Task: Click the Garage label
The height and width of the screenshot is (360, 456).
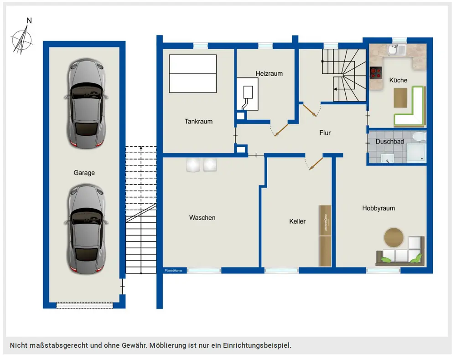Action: [x=84, y=173]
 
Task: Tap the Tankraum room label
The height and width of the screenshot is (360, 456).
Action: [x=199, y=121]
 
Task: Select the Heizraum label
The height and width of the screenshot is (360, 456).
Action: [x=269, y=73]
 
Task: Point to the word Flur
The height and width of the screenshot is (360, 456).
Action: [x=325, y=133]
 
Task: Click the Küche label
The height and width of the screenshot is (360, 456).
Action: [x=398, y=80]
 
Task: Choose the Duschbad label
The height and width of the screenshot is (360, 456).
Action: [x=390, y=142]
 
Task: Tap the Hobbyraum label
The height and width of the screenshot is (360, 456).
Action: [x=378, y=208]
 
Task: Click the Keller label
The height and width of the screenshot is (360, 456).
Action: [x=297, y=221]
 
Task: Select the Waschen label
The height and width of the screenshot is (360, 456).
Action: [x=202, y=217]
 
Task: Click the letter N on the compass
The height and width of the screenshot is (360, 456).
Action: [x=29, y=21]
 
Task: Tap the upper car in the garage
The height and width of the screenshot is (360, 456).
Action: [x=86, y=103]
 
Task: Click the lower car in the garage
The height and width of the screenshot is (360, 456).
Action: [x=86, y=229]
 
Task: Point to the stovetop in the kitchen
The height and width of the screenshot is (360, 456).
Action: [x=376, y=73]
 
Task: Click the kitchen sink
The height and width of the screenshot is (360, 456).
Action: [x=396, y=50]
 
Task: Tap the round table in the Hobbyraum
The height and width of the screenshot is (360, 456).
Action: [x=394, y=237]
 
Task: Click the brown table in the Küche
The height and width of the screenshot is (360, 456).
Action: [x=400, y=98]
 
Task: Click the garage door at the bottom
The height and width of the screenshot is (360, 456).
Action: [x=84, y=305]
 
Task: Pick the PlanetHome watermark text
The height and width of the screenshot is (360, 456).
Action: [x=173, y=271]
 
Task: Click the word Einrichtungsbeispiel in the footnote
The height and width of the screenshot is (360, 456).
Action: [x=257, y=345]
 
